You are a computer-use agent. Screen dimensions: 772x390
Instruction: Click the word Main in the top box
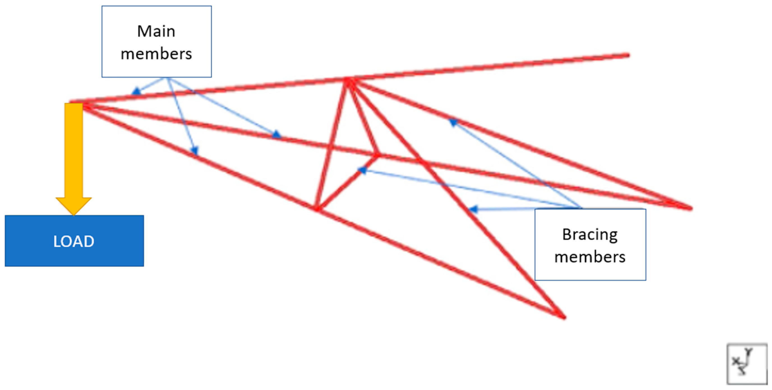pyautogui.click(x=156, y=31)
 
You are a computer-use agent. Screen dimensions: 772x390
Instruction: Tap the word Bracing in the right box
pyautogui.click(x=590, y=235)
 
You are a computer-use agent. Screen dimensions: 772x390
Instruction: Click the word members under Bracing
pyautogui.click(x=590, y=257)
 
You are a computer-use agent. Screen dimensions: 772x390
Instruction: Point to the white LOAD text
pyautogui.click(x=74, y=241)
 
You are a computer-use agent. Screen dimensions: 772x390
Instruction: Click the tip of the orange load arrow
pyautogui.click(x=74, y=215)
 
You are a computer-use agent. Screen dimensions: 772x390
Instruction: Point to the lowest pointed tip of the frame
pyautogui.click(x=564, y=317)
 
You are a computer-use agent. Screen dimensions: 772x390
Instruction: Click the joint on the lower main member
pyautogui.click(x=317, y=208)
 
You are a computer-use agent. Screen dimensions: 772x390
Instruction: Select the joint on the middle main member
pyautogui.click(x=377, y=155)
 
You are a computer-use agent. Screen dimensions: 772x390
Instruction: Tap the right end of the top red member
pyautogui.click(x=628, y=55)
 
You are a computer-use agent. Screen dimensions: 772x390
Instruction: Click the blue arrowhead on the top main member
pyautogui.click(x=136, y=91)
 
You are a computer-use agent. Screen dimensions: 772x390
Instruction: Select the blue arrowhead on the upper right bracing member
pyautogui.click(x=453, y=122)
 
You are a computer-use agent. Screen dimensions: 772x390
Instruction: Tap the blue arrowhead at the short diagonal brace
pyautogui.click(x=362, y=170)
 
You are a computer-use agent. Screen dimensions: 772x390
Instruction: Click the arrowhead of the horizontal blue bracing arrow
pyautogui.click(x=473, y=209)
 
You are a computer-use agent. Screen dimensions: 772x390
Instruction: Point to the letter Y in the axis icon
pyautogui.click(x=749, y=352)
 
